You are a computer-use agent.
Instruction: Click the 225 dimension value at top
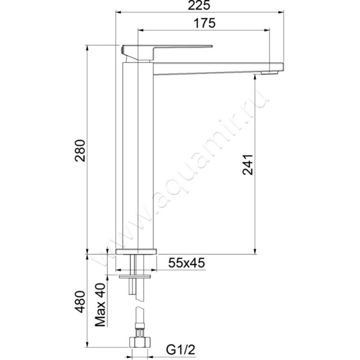[200, 6]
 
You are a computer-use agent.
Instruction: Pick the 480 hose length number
[80, 301]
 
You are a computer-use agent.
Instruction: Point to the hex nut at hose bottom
[140, 342]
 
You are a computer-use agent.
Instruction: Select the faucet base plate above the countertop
[135, 251]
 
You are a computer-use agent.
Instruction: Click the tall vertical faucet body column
[138, 157]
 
